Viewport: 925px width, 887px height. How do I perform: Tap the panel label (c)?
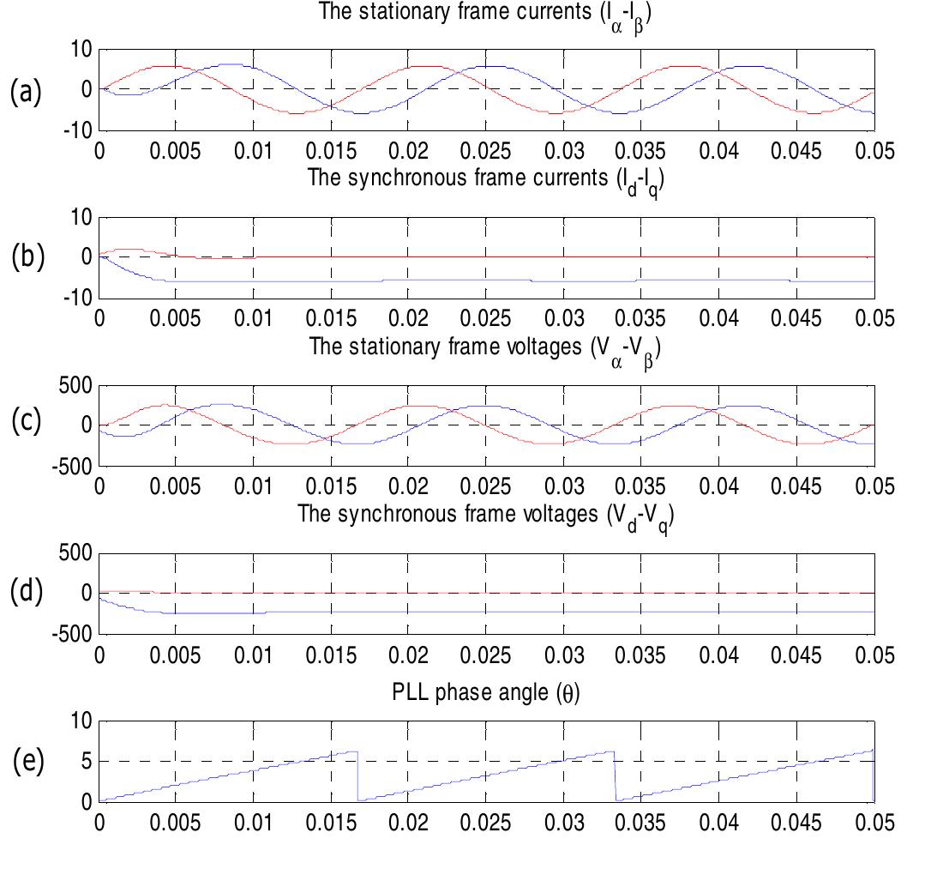coord(25,423)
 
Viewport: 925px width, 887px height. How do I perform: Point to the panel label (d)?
coord(25,593)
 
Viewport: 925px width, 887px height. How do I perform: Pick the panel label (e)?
coord(25,761)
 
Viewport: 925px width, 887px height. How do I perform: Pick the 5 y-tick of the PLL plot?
coord(83,761)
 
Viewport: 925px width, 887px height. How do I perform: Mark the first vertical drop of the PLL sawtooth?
coord(357,776)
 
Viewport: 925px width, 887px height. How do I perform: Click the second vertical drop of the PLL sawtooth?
coord(616,776)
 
